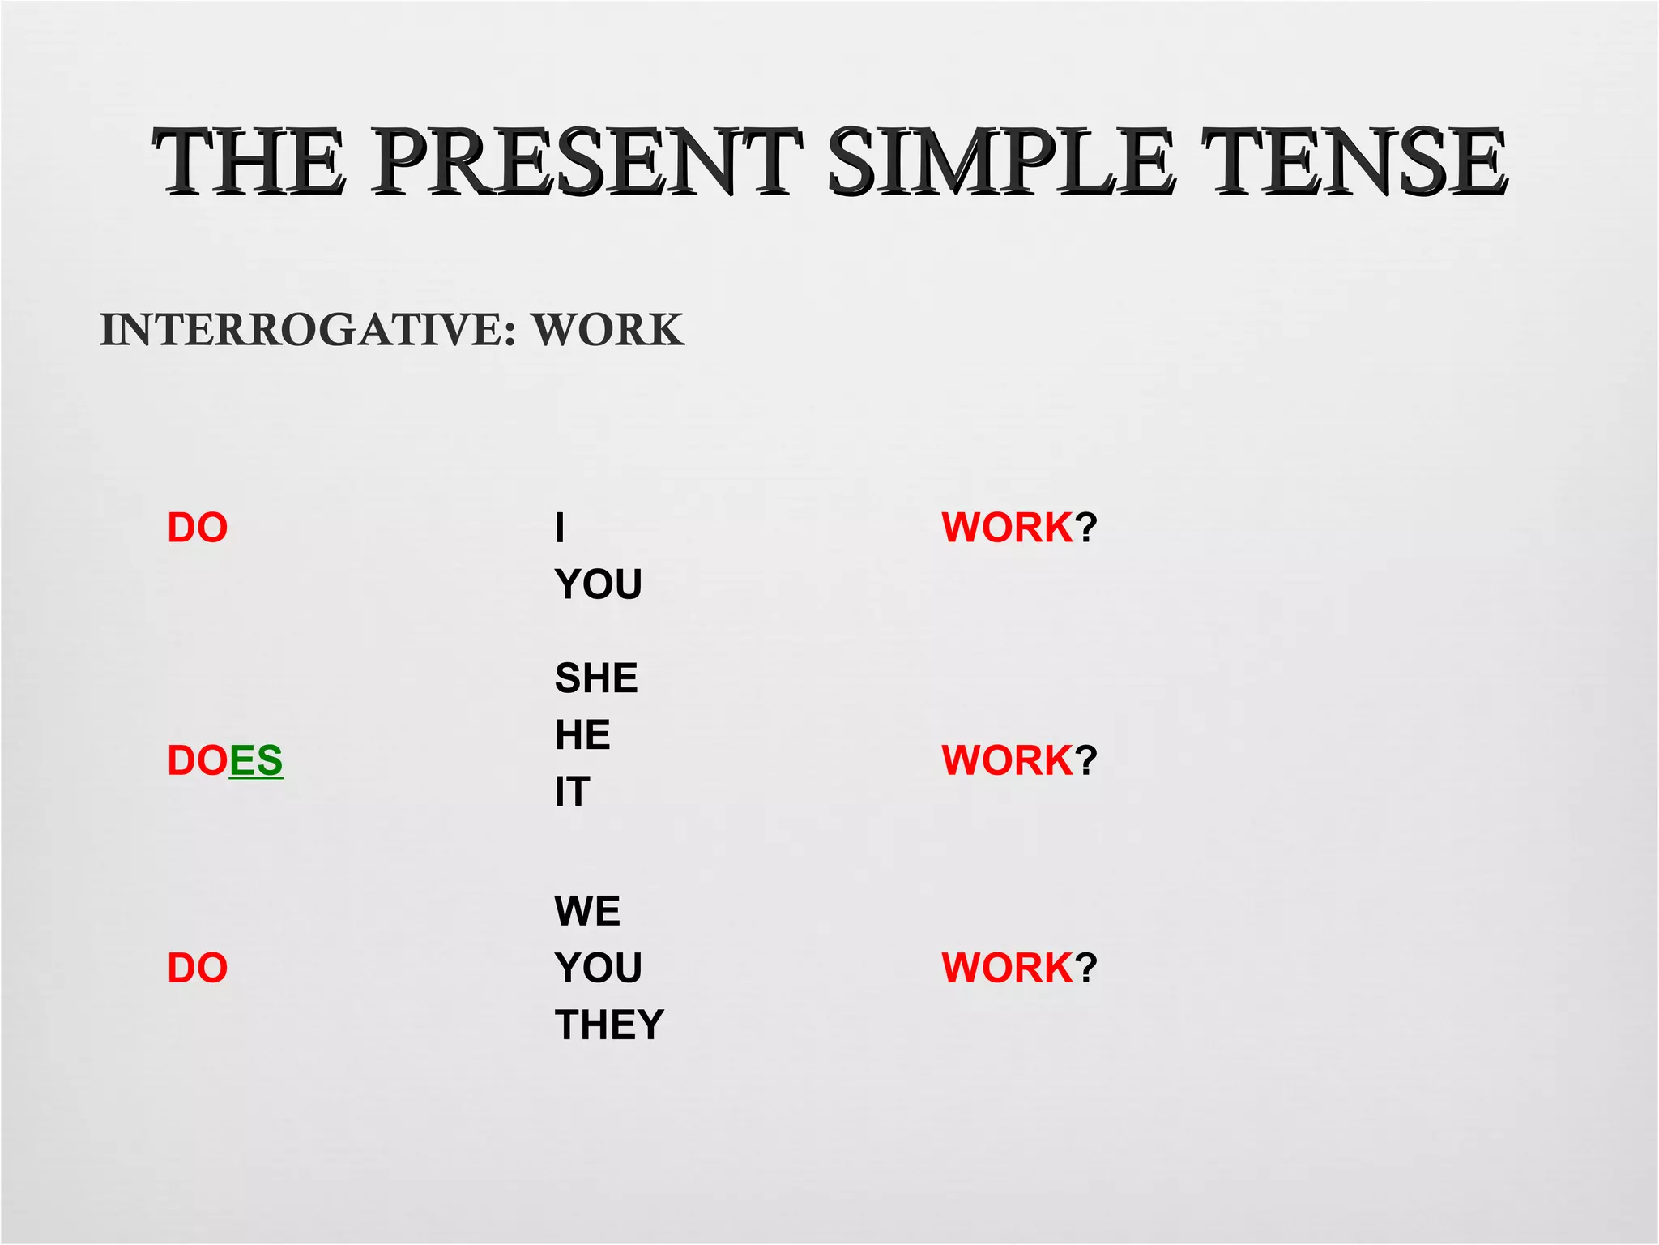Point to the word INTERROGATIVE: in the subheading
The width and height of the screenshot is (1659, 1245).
coord(308,330)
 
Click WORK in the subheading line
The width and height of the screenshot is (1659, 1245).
coord(608,330)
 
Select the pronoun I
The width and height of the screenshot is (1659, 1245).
coord(559,528)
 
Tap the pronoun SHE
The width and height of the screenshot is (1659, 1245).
coord(596,678)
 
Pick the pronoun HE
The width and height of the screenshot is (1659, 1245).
coord(582,734)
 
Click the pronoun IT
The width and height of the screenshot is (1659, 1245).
coord(572,791)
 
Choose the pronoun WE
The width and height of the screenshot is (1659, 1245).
coord(587,910)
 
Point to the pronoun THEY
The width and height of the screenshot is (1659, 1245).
coord(609,1025)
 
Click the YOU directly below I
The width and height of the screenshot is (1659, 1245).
coord(599,584)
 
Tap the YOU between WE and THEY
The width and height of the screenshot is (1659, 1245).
coord(599,968)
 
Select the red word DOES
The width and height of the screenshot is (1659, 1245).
coord(224,760)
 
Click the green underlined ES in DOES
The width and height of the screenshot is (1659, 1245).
coord(256,760)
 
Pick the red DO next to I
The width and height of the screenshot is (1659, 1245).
coord(197,528)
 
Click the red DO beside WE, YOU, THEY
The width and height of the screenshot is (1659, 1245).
coord(197,968)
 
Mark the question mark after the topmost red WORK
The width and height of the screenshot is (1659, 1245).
coord(1086,528)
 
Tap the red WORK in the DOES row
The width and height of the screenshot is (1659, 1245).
coord(1007,760)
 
